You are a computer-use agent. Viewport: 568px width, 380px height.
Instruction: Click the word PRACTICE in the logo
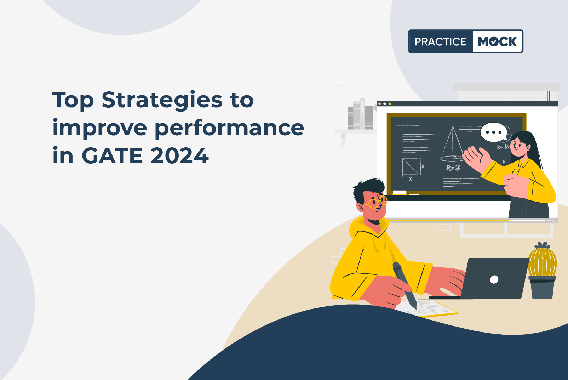pos(440,41)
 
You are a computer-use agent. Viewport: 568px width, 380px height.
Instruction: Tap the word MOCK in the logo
pos(497,41)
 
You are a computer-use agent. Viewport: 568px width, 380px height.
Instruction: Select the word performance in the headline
pos(229,128)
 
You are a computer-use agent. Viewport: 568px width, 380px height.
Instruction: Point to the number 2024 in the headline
pos(180,155)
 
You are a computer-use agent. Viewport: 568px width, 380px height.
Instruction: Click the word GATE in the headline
pos(112,155)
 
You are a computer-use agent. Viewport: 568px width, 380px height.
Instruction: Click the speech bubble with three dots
pos(493,132)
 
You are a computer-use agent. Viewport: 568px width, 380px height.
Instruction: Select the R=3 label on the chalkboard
pos(453,168)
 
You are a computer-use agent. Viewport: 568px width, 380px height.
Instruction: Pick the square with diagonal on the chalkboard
pos(411,167)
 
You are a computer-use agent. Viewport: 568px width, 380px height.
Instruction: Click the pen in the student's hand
pos(405,285)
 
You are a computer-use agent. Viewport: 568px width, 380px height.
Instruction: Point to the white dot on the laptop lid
pos(494,279)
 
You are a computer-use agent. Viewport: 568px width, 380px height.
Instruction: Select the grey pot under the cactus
pos(542,288)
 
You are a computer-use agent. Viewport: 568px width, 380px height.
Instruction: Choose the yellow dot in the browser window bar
pos(390,104)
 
